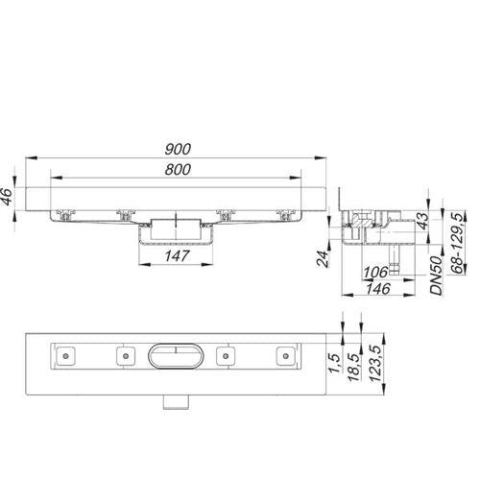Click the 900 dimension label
click(178, 149)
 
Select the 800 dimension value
click(178, 169)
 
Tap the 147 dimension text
click(177, 256)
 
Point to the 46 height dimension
click(7, 196)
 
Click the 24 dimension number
click(323, 259)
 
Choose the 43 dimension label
click(422, 221)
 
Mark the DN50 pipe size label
click(436, 276)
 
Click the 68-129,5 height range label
click(458, 244)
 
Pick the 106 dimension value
click(375, 273)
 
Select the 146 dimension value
click(378, 289)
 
